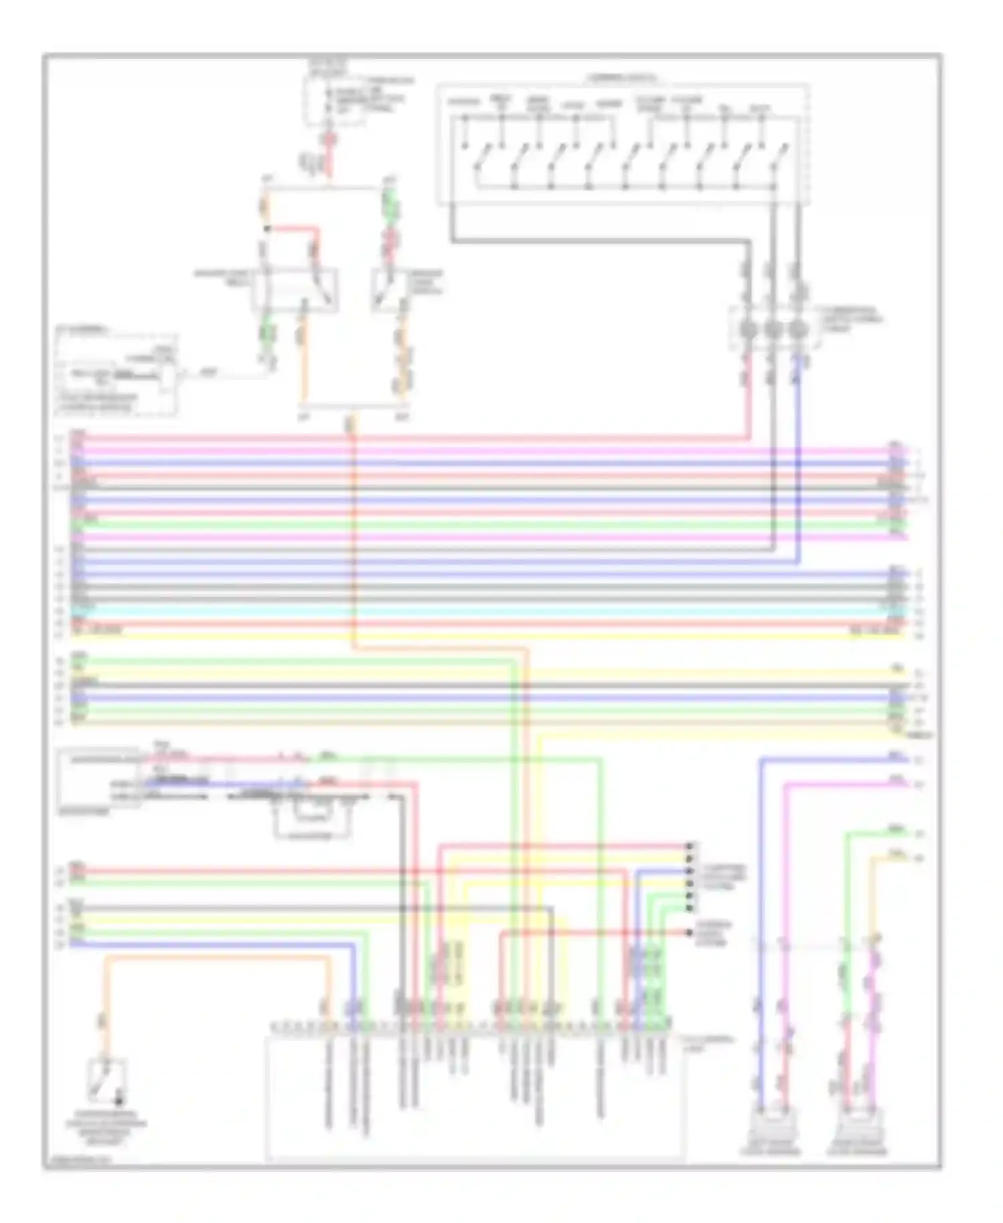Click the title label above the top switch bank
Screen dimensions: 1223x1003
[x=622, y=78]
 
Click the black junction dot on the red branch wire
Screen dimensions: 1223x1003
[x=267, y=229]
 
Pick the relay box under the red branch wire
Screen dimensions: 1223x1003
[x=295, y=290]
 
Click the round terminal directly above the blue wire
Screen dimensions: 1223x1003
[x=796, y=330]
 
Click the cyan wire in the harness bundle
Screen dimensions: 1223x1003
[x=468, y=611]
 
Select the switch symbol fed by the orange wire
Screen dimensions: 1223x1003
[x=106, y=1080]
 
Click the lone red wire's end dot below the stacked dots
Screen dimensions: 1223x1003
[x=689, y=932]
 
